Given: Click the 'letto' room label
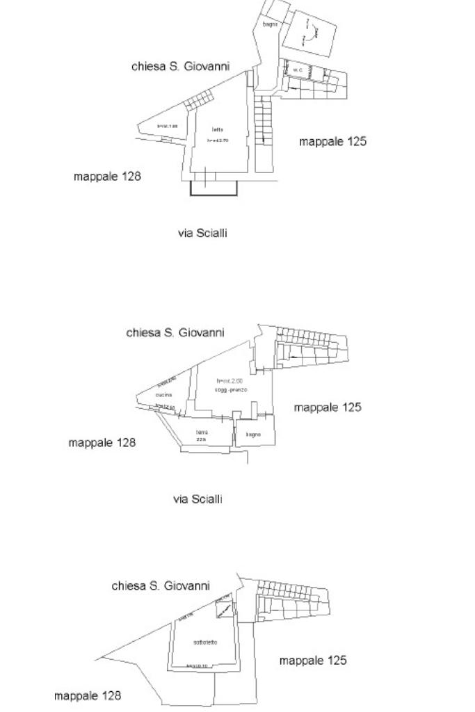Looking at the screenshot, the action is (217, 130).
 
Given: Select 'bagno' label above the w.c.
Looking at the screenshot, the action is (270, 25).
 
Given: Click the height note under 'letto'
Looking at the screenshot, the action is (218, 140).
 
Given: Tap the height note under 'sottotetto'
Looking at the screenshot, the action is (201, 665).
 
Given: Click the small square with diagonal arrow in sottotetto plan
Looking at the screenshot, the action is (223, 610).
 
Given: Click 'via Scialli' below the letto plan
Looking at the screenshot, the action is (202, 234).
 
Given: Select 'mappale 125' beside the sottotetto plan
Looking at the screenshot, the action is (313, 661).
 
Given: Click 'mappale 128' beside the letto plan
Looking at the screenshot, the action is (107, 177).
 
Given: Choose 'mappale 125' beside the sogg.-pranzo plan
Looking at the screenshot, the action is (328, 407).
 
